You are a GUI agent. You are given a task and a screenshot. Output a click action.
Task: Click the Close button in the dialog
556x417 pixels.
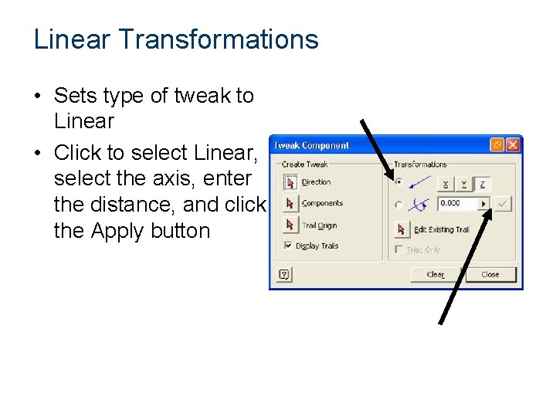[x=490, y=274]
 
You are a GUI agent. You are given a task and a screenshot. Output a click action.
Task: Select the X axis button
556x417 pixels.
[x=445, y=184]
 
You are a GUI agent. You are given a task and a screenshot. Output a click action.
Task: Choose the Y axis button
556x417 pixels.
[x=463, y=184]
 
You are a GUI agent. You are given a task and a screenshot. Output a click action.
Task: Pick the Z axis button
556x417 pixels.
[x=482, y=184]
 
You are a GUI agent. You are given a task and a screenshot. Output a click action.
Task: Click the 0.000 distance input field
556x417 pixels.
[x=457, y=204]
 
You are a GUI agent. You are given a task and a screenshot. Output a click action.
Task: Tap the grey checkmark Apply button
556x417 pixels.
[x=503, y=204]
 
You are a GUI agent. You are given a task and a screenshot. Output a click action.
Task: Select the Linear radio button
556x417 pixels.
[x=398, y=183]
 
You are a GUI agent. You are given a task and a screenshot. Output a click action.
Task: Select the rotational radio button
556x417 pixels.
[x=398, y=205]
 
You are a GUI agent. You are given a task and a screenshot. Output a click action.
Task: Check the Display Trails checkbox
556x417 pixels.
[x=288, y=246]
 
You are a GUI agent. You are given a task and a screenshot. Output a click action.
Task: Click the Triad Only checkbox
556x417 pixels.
[x=398, y=250]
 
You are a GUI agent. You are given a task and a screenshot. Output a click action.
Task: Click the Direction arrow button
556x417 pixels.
[x=290, y=182]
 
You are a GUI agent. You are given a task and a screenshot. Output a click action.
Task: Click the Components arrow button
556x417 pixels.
[x=290, y=204]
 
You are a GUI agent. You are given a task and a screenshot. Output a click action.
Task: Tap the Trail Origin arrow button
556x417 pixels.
[x=290, y=225]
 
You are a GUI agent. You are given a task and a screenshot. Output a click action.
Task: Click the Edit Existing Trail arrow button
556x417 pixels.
[x=402, y=229]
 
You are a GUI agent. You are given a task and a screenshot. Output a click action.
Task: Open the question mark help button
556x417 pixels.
[x=283, y=274]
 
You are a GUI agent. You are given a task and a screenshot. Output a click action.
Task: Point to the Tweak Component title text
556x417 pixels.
[x=312, y=145]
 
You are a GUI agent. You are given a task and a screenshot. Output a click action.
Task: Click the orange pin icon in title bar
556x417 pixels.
[x=497, y=145]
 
